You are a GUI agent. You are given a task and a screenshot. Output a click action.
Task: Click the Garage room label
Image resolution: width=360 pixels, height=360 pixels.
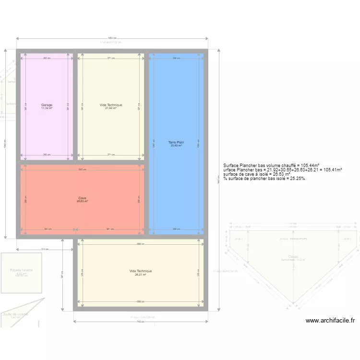(47, 105)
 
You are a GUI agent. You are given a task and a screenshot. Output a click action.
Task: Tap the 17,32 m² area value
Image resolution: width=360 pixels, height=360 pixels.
(47, 108)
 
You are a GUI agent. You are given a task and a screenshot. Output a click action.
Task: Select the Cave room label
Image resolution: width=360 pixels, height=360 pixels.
(82, 198)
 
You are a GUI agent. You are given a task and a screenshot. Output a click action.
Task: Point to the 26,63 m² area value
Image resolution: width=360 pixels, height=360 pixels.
(82, 201)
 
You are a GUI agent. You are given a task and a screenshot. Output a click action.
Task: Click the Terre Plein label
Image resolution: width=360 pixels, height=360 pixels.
(176, 142)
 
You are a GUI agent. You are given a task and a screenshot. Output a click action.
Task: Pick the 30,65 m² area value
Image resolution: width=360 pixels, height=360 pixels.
(176, 145)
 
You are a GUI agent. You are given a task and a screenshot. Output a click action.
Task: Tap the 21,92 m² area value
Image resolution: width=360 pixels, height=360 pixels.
(111, 108)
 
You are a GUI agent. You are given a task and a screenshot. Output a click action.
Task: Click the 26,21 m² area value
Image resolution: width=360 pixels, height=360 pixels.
(140, 275)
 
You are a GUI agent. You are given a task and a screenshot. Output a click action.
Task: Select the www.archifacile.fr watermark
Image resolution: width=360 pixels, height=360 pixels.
(330, 321)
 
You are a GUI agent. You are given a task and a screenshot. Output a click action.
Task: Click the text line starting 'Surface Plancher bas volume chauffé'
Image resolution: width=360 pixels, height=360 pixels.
(271, 165)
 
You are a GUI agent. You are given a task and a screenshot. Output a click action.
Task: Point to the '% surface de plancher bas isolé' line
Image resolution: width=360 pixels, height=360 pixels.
(264, 179)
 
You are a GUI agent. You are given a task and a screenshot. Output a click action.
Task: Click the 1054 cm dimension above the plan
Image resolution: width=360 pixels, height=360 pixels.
(112, 38)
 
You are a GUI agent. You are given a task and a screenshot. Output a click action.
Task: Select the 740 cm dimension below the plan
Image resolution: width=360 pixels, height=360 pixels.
(140, 322)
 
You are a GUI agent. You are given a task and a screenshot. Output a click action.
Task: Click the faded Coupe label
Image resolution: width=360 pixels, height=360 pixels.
(293, 256)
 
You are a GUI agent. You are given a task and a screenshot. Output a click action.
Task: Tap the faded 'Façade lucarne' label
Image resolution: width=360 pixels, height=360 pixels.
(21, 270)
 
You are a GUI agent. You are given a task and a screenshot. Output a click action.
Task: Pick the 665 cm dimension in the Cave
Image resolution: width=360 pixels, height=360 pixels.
(82, 169)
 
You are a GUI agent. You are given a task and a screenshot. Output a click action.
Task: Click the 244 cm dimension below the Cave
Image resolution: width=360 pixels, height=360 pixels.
(45, 249)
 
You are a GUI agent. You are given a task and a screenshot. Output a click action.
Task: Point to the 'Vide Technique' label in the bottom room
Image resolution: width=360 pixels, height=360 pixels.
(140, 271)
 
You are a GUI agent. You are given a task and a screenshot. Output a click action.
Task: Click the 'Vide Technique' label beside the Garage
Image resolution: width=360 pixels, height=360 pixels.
(111, 105)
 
